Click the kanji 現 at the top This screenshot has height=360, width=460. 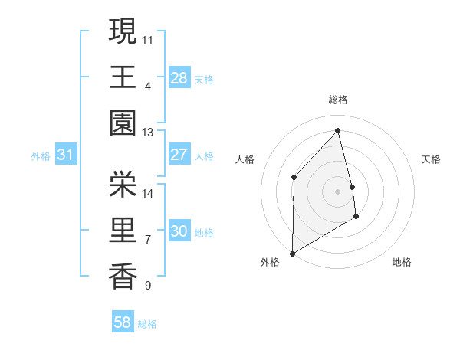pos(123,32)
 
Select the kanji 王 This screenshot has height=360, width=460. pos(123,77)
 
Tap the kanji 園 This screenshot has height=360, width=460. pos(123,124)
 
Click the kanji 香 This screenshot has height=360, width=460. pos(123,277)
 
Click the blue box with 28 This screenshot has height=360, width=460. pos(179,78)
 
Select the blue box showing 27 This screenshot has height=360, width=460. pos(179,155)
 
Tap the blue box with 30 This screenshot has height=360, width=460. pos(179,232)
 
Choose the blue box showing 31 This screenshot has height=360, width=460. pos(66,155)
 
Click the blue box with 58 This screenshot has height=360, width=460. pos(123,323)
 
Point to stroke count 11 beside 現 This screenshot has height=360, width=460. pos(148,39)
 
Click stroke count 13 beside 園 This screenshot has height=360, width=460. pos(147,133)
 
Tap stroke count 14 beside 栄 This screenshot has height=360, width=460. pos(148,193)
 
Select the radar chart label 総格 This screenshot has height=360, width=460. pos(338,100)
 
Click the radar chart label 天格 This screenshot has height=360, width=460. pos(432,159)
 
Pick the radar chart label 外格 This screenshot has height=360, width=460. pos(269,262)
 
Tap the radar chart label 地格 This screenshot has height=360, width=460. pos(402,262)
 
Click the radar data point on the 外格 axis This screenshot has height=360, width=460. pos(292,253)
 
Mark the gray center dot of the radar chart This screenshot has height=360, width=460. pos(338,191)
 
